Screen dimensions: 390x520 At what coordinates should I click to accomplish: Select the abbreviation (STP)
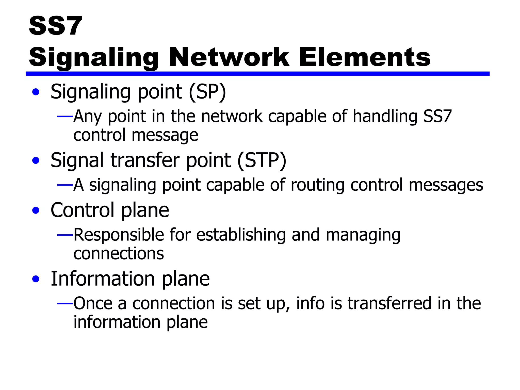pyautogui.click(x=262, y=160)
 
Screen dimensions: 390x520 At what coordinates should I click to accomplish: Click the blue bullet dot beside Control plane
pyautogui.click(x=36, y=210)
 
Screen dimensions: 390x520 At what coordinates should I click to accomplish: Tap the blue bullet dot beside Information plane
pyautogui.click(x=36, y=279)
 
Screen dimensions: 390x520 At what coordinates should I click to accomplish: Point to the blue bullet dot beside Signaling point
pyautogui.click(x=36, y=92)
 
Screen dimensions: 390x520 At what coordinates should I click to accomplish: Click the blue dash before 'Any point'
pyautogui.click(x=65, y=117)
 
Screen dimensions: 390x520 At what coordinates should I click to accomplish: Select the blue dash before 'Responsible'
pyautogui.click(x=65, y=235)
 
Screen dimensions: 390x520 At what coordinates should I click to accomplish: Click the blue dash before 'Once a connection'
pyautogui.click(x=65, y=303)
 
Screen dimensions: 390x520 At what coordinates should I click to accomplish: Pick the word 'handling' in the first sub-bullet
pyautogui.click(x=385, y=117)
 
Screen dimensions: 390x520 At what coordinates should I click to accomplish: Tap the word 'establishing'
pyautogui.click(x=241, y=235)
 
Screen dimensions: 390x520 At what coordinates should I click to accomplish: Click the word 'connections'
pyautogui.click(x=119, y=254)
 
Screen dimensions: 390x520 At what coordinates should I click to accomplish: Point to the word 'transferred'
pyautogui.click(x=389, y=303)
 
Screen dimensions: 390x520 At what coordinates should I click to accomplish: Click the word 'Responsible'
pyautogui.click(x=119, y=235)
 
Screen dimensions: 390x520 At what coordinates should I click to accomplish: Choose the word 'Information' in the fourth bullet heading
pyautogui.click(x=103, y=279)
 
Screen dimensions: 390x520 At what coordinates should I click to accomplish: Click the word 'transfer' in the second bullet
pyautogui.click(x=145, y=160)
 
